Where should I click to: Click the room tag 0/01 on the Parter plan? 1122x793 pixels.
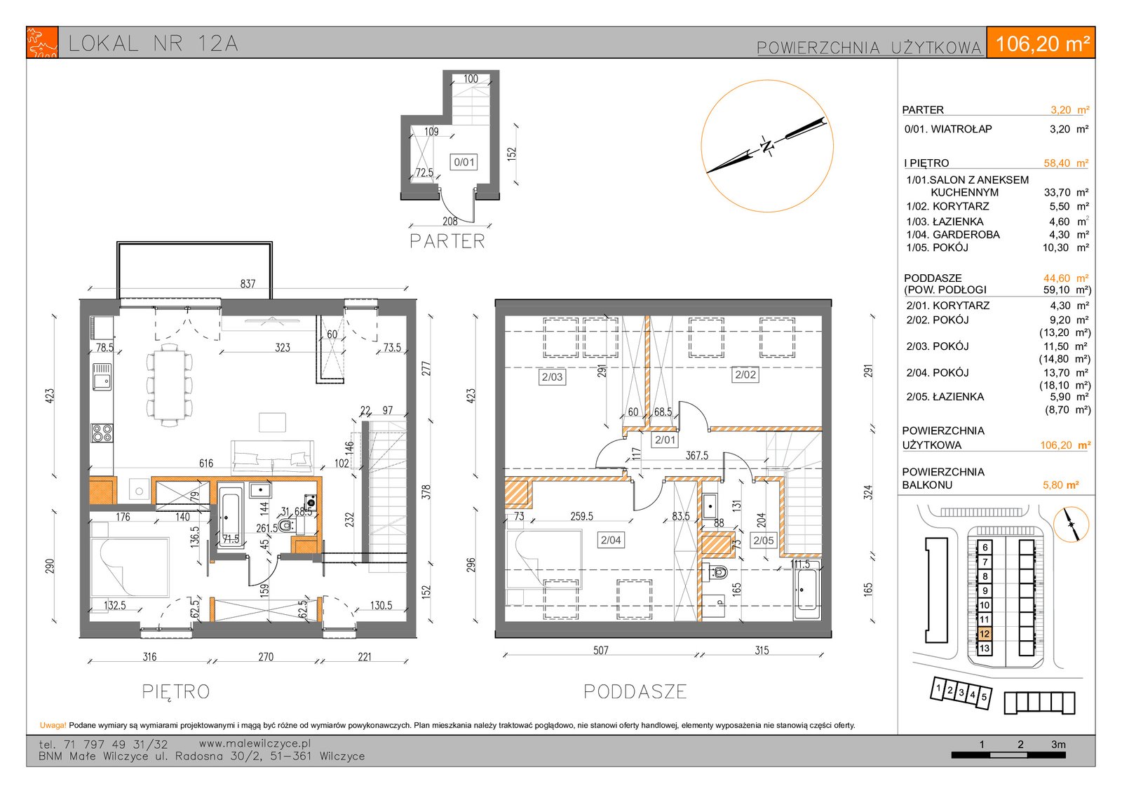click(x=464, y=162)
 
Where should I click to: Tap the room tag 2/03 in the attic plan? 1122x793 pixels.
click(x=552, y=377)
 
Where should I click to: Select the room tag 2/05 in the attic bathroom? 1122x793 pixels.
click(x=764, y=541)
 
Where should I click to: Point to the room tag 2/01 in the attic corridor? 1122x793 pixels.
click(x=665, y=440)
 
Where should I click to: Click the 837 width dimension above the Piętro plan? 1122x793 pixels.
click(x=248, y=283)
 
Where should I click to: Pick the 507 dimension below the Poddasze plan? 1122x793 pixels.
click(x=600, y=650)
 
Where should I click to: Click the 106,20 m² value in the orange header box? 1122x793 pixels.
click(x=1042, y=43)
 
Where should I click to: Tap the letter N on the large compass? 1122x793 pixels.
click(x=766, y=147)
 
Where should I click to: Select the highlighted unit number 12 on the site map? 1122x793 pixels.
click(x=985, y=634)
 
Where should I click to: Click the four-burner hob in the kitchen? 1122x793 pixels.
click(x=102, y=433)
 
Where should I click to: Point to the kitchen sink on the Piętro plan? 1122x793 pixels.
click(x=102, y=377)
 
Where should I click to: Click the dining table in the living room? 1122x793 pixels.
click(x=169, y=384)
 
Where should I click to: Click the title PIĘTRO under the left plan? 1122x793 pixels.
click(x=176, y=692)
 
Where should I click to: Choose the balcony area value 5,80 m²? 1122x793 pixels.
click(x=1060, y=485)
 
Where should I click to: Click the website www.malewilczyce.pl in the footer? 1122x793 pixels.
click(x=255, y=743)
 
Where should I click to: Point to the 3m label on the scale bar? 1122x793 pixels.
click(x=1058, y=745)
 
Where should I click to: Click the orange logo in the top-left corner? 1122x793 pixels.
click(x=42, y=43)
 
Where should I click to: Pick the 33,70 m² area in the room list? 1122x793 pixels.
click(x=1066, y=192)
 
